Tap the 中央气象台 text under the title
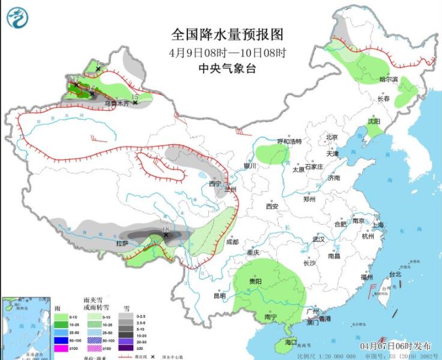pos(227,69)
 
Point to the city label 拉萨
pos(122,243)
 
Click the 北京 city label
pos(332,137)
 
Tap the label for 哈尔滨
pos(389,79)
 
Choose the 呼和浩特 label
pos(288,142)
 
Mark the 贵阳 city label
pos(255,281)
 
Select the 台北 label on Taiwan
pos(395,274)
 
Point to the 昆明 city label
pos(219,296)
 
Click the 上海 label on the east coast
pos(378,225)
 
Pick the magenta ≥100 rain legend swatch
pos(61,348)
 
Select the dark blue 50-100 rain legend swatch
pos(61,340)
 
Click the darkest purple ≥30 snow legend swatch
pos(125,348)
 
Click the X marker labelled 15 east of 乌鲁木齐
pos(135,103)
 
